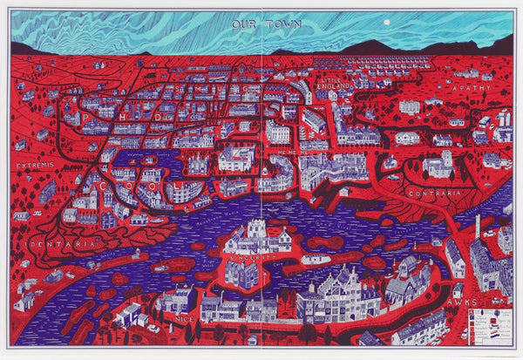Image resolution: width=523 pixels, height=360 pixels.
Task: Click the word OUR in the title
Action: [241, 24]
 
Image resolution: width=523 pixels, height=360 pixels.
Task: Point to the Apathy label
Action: [472, 88]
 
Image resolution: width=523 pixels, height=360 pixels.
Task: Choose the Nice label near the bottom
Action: [184, 320]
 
